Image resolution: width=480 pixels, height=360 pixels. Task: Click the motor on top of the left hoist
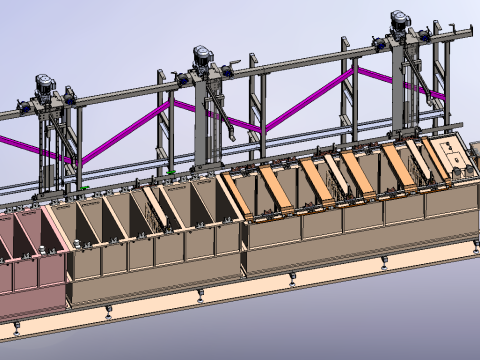[x=45, y=84]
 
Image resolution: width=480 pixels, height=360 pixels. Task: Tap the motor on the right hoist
[x=401, y=21]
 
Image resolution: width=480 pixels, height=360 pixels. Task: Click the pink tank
[x=30, y=250]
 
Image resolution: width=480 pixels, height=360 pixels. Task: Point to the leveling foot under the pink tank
[x=15, y=327]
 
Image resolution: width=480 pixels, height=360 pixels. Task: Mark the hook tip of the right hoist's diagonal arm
[x=441, y=97]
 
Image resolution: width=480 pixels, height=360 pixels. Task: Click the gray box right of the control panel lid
[x=475, y=153]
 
